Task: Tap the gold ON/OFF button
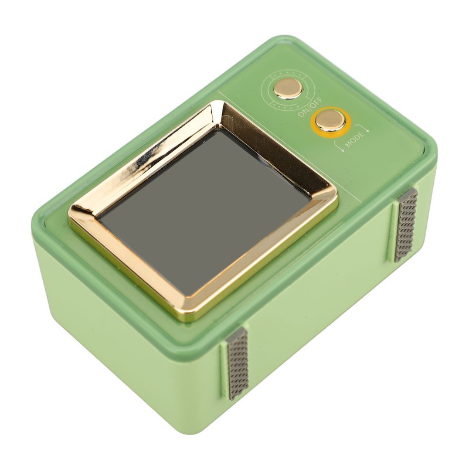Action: tap(288, 89)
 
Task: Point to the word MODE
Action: tap(355, 140)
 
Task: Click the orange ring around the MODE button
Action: tap(330, 123)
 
